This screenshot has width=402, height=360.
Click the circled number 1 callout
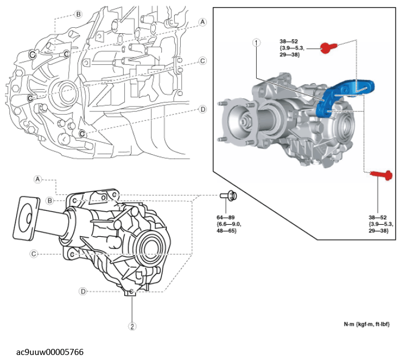(256, 42)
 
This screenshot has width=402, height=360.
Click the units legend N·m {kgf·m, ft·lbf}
(366, 324)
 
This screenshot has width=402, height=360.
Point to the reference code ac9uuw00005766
(50, 352)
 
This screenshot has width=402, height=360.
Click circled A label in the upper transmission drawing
(202, 22)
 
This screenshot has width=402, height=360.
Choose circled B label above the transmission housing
(78, 14)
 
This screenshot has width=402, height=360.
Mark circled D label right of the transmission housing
(202, 109)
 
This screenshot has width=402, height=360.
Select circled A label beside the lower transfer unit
(38, 179)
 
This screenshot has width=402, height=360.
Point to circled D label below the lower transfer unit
(83, 291)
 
